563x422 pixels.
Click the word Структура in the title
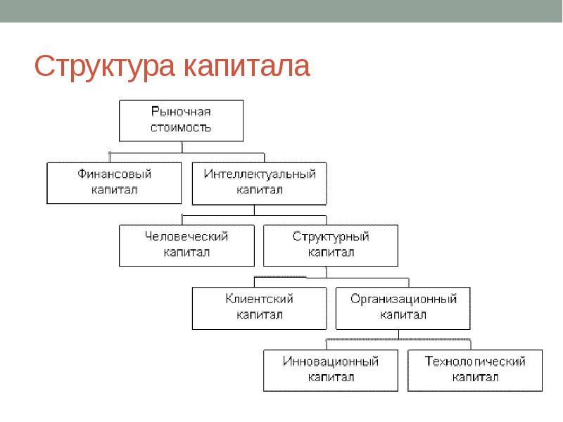[104, 67]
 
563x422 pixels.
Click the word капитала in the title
[247, 65]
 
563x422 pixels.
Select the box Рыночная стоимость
[182, 120]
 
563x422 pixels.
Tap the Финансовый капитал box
[114, 183]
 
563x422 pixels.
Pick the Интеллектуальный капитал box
[259, 184]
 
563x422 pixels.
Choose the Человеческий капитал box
[186, 245]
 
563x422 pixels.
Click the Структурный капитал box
[331, 245]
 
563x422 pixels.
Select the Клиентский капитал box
[259, 308]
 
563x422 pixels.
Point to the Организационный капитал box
[403, 308]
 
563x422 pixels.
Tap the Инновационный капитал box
[331, 371]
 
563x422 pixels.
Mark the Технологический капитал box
[475, 371]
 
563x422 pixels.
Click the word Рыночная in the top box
[181, 112]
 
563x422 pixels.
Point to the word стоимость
[181, 128]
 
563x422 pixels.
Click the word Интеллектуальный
[260, 174]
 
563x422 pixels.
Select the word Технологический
[475, 361]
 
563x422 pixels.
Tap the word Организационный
[403, 299]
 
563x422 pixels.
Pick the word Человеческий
[186, 236]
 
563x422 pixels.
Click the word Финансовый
[114, 174]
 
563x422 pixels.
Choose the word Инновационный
[331, 361]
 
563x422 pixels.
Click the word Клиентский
[259, 299]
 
